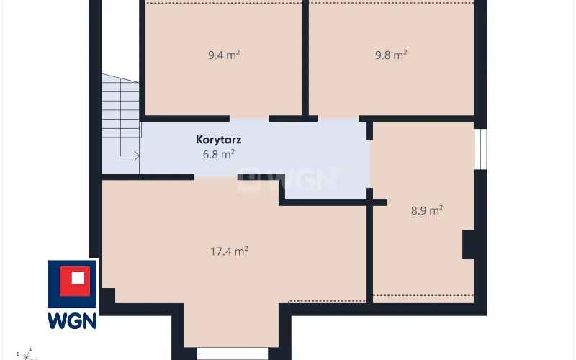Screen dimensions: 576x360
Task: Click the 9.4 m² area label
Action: tap(224, 55)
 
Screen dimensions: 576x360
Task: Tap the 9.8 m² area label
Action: tap(391, 55)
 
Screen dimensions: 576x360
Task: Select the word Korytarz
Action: tap(219, 140)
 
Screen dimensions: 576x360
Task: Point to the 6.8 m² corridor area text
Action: tap(219, 154)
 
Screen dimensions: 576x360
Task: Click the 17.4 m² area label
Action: tap(229, 251)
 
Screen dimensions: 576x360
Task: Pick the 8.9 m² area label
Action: tap(427, 210)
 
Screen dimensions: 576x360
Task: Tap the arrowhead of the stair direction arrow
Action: tap(137, 156)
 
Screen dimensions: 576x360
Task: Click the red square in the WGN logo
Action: tap(75, 281)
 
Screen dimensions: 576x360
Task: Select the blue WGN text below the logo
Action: tap(72, 321)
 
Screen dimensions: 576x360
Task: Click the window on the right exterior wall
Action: tap(480, 149)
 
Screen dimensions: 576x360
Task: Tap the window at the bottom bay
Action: tap(233, 354)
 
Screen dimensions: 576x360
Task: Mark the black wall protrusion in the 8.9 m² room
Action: tap(469, 245)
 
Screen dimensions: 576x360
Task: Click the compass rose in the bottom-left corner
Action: tap(26, 354)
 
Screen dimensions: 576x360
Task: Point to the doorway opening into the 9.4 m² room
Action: tap(249, 119)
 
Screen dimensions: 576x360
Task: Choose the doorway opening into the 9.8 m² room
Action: tap(338, 119)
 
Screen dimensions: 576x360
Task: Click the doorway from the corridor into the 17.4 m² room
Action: tap(216, 177)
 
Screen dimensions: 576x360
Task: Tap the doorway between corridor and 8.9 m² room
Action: tap(369, 164)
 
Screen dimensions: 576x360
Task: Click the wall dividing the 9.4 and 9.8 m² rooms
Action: tap(305, 59)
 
